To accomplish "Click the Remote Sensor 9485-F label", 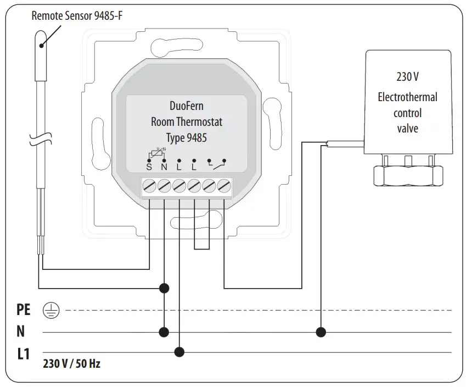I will (x=77, y=15).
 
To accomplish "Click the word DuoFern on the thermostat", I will (x=187, y=106).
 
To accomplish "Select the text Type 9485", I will (x=187, y=137).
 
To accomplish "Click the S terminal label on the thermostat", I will (x=149, y=165).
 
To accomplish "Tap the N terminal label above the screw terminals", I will (x=164, y=165).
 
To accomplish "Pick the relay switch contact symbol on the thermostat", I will (x=216, y=163).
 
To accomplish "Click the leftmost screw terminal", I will (x=150, y=187).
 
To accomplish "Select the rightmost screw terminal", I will (x=223, y=187).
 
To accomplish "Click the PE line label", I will (x=24, y=311).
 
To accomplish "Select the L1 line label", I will (x=23, y=353).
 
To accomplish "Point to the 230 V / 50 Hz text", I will (x=71, y=364).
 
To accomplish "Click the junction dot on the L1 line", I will (x=179, y=352).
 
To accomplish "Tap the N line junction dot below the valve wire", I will (x=321, y=332).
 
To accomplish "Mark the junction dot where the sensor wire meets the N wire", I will (x=164, y=288).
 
